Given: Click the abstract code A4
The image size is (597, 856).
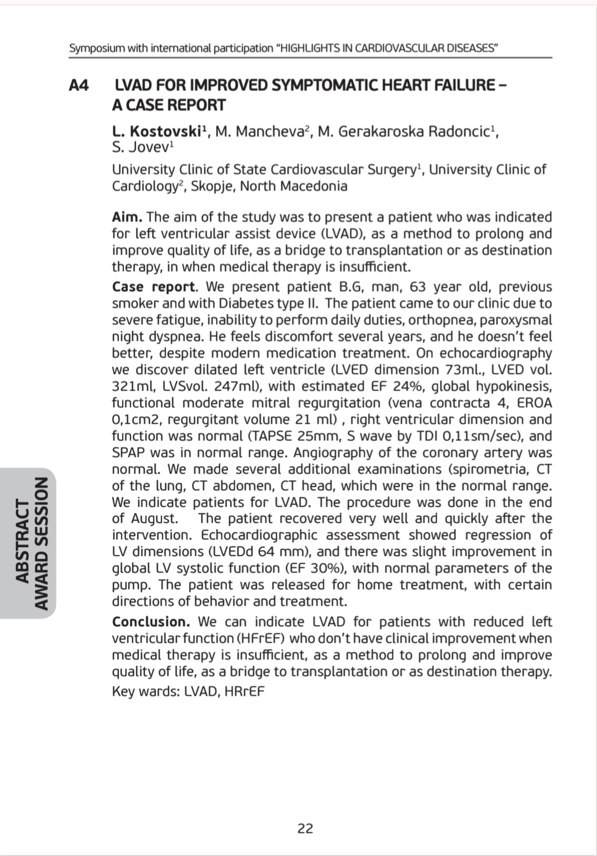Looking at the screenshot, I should pyautogui.click(x=79, y=85).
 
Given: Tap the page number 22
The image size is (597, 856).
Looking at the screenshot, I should pyautogui.click(x=305, y=828).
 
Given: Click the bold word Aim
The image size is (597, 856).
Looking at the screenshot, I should pyautogui.click(x=127, y=217).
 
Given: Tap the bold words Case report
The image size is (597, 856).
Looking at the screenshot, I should pyautogui.click(x=154, y=287).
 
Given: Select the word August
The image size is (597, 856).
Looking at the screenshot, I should pyautogui.click(x=154, y=518).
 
